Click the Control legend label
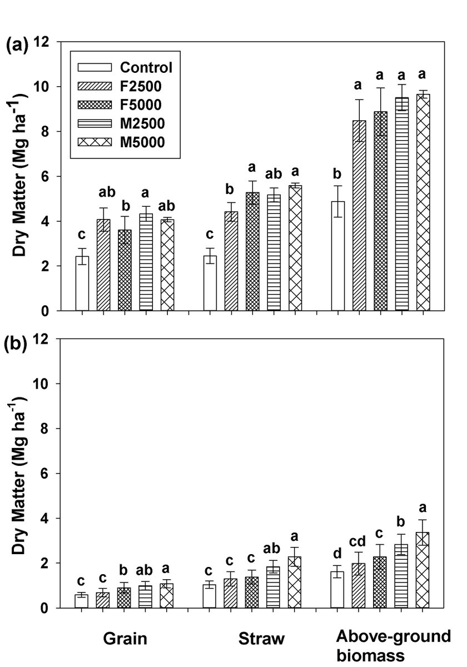click(x=146, y=68)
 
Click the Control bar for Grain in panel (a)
click(x=82, y=283)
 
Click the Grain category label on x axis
click(x=125, y=639)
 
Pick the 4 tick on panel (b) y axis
click(x=46, y=519)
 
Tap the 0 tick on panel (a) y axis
click(x=46, y=311)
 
